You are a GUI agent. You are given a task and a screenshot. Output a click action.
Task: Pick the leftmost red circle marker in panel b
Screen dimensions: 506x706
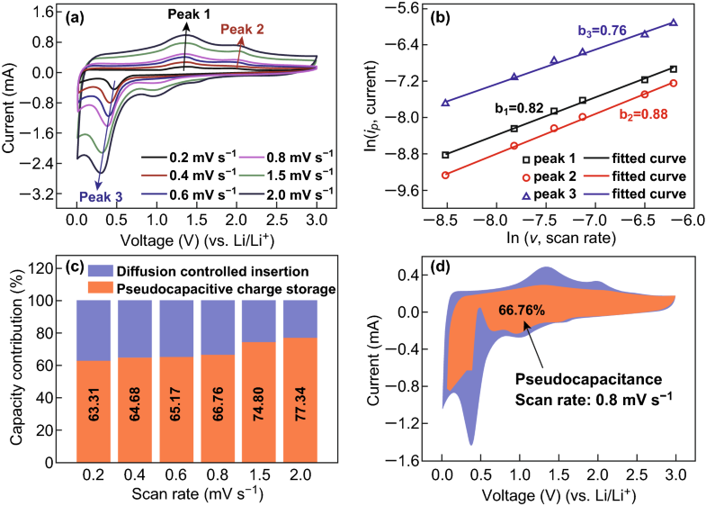446,175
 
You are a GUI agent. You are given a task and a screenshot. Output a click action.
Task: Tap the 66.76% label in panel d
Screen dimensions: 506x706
511,311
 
